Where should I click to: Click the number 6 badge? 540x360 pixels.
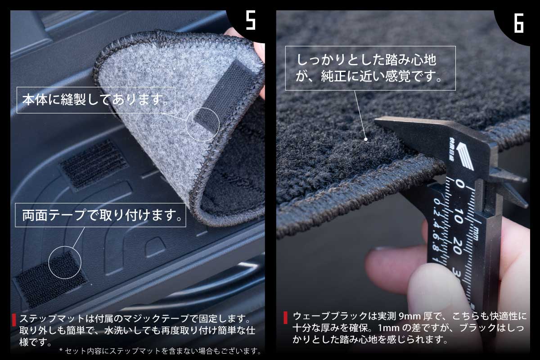coord(518,22)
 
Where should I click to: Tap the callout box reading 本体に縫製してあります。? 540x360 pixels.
coord(95,100)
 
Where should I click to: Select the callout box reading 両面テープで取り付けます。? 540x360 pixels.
coord(101,215)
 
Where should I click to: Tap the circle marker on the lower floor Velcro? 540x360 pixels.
coord(64,261)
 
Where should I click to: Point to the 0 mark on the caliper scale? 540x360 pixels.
coord(459,184)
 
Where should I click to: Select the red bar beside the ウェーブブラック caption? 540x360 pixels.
coord(285,317)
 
